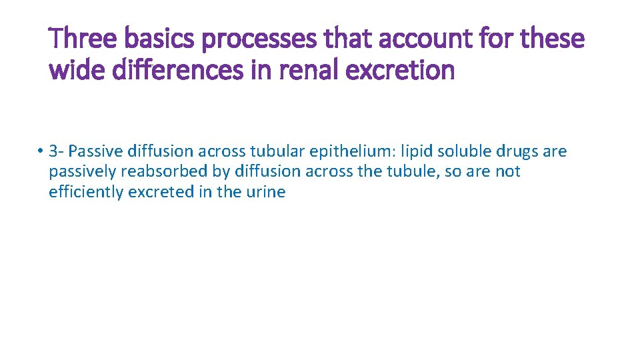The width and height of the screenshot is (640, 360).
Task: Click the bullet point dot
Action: pyautogui.click(x=41, y=151)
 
